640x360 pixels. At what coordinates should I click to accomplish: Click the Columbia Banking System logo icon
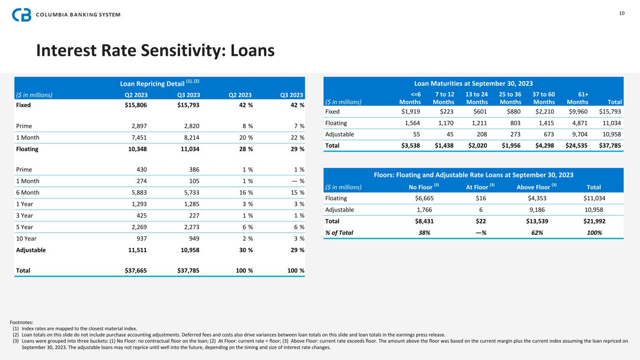pos(22,15)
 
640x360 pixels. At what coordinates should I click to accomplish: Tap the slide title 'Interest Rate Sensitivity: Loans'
pos(155,51)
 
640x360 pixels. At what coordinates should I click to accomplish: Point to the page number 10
pos(622,13)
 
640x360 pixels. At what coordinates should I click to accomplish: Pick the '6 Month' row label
pos(28,193)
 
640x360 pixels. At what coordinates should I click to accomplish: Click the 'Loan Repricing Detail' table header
pos(160,83)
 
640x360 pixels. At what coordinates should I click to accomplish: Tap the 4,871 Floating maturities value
pos(579,123)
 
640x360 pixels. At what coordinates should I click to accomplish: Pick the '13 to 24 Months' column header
pos(476,98)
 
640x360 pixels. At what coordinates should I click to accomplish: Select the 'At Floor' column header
pos(480,187)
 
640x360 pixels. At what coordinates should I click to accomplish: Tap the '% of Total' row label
pos(340,232)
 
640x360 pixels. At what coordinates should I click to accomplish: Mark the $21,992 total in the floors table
pos(590,221)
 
